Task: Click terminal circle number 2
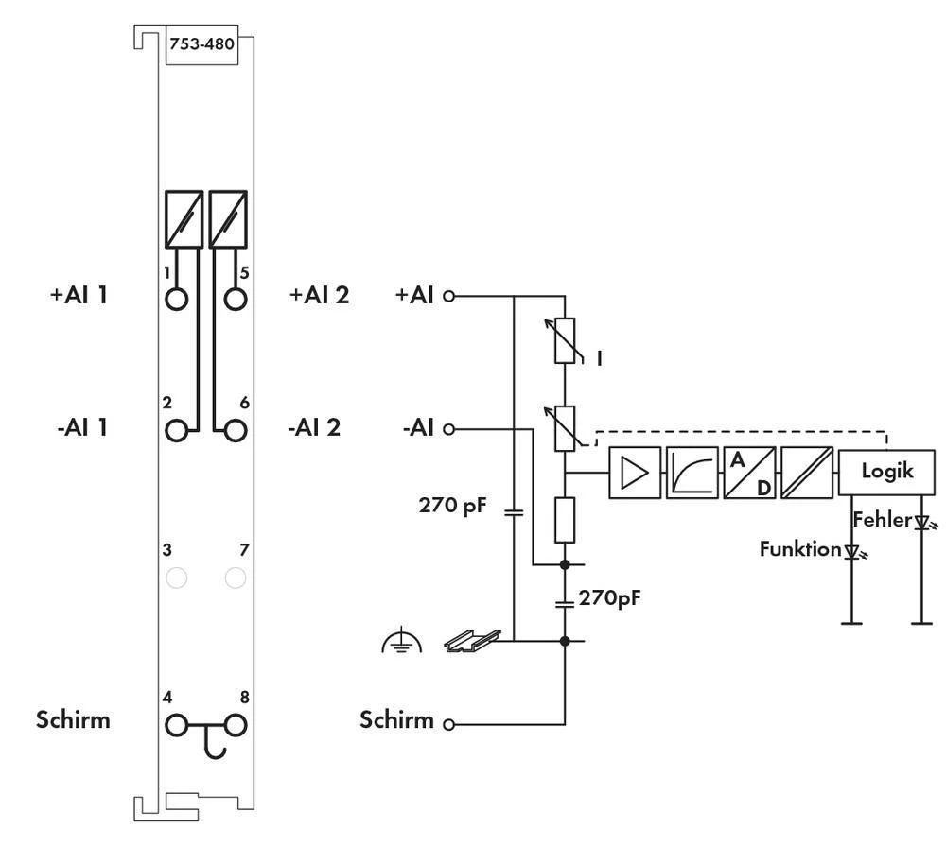click(x=176, y=430)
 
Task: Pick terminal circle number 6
click(x=236, y=430)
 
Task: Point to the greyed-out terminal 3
click(x=176, y=577)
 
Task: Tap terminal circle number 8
click(x=236, y=726)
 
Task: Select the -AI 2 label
click(x=313, y=427)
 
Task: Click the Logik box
click(x=886, y=471)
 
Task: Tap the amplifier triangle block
click(x=635, y=472)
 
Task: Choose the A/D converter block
click(x=749, y=472)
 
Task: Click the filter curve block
click(x=692, y=472)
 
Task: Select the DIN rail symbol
click(x=471, y=641)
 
